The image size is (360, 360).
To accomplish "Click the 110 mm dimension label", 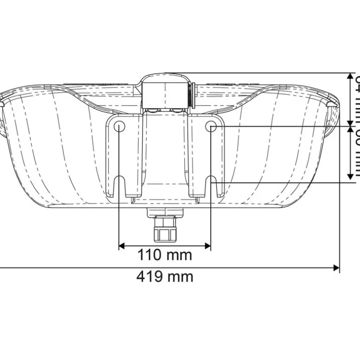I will [x=165, y=255].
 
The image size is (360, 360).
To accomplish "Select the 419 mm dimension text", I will [x=165, y=276].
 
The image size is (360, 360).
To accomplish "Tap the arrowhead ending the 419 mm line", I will [x=336, y=268].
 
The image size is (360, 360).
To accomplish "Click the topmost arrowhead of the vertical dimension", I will [x=351, y=77].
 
